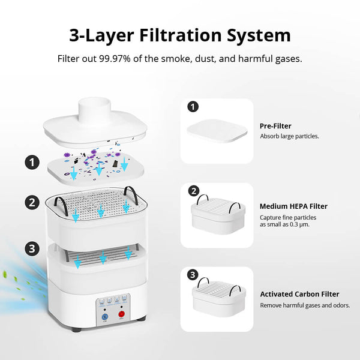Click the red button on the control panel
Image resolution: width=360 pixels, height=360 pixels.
[121, 313]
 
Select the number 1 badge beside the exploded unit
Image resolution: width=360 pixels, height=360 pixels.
[31, 161]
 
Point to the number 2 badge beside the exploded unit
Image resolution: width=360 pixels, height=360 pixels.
[31, 202]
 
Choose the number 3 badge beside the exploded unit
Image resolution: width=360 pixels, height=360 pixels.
[31, 247]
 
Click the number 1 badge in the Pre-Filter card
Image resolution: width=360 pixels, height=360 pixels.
[193, 107]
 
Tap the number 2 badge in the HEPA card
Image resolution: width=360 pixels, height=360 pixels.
[193, 191]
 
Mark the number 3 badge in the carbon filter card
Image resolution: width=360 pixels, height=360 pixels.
[193, 275]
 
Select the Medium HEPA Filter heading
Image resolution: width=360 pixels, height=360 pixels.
[293, 206]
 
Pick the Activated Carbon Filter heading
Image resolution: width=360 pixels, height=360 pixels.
[299, 294]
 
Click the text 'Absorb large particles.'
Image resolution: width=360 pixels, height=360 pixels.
[289, 136]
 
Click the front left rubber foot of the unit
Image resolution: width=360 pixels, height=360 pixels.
[76, 329]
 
